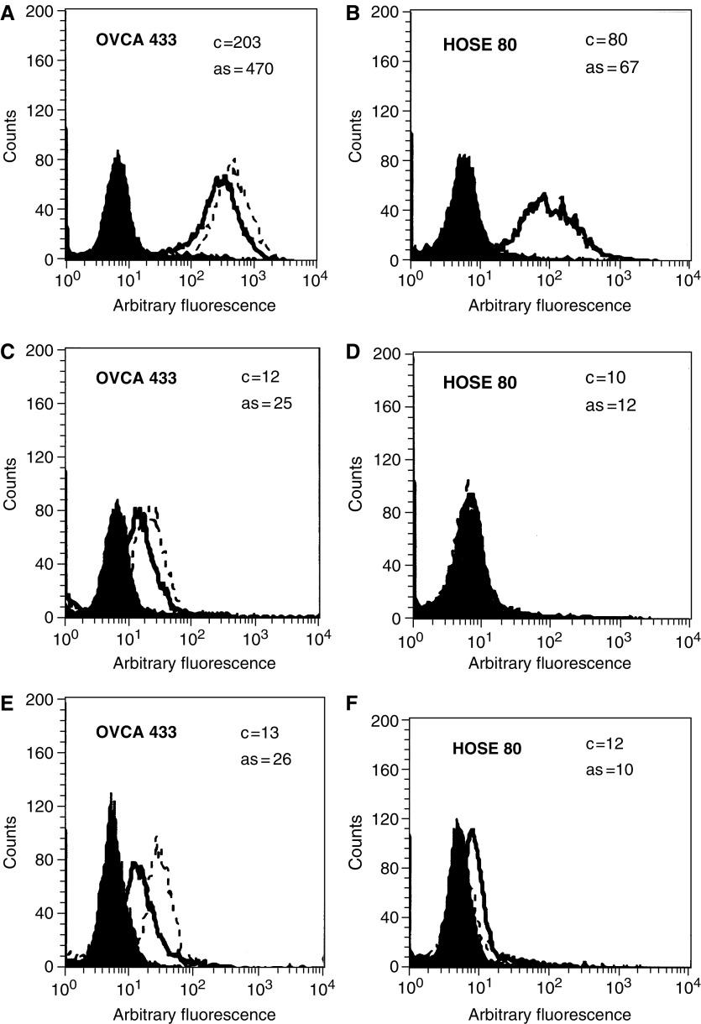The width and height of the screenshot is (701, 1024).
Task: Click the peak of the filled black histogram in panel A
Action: [x=118, y=153]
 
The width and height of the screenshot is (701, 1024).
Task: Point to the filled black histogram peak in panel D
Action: [x=467, y=481]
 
